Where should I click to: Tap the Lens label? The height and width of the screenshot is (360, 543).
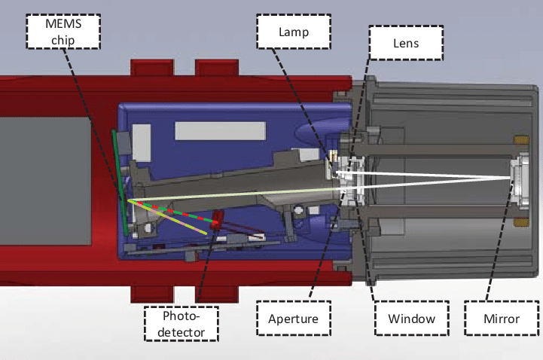406,44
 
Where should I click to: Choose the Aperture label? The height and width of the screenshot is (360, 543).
293,319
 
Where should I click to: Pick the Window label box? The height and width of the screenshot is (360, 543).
411,319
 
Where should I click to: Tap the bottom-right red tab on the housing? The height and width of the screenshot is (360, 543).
214,291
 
